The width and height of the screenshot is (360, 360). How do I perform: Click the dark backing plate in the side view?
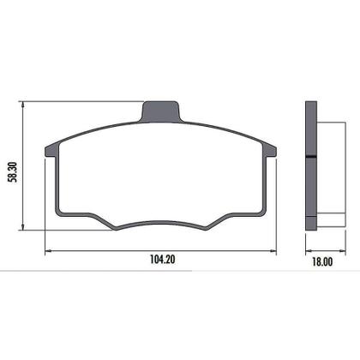tap(311, 167)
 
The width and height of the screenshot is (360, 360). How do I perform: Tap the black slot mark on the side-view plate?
tap(311, 156)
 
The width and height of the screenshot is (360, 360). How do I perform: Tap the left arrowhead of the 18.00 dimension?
tap(307, 250)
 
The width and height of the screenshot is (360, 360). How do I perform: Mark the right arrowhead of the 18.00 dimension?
tap(335, 250)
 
